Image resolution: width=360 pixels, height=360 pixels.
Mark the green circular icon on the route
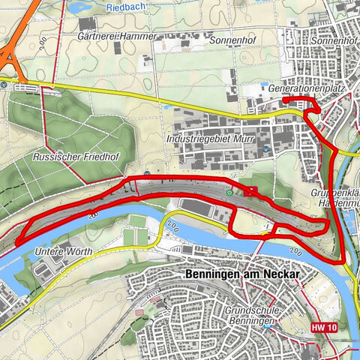point(229,193)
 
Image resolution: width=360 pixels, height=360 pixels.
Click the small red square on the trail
point(252,190)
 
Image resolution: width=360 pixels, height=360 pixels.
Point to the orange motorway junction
point(9,56)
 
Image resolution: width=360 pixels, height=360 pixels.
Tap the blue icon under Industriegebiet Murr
point(265,150)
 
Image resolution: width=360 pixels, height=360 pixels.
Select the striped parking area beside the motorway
point(29,87)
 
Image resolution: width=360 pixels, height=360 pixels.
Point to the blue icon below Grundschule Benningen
point(274,326)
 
